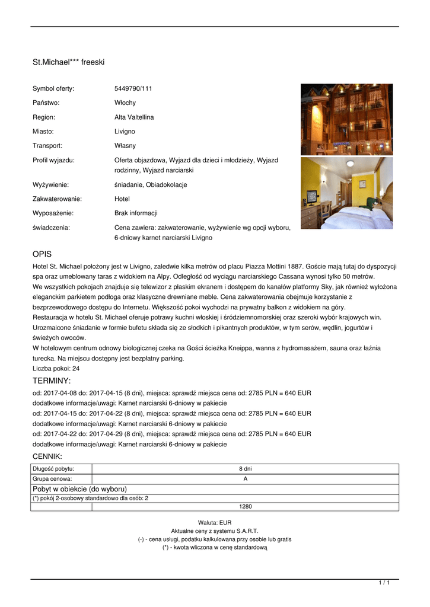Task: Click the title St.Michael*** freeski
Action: click(x=68, y=62)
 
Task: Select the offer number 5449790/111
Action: click(x=133, y=89)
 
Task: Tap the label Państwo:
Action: click(x=46, y=103)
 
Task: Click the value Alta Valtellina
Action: click(x=134, y=117)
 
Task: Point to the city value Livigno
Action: click(x=125, y=132)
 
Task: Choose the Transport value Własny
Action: click(x=125, y=146)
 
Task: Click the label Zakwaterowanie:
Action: click(x=57, y=199)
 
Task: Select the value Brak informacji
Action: click(x=136, y=213)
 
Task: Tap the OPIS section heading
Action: click(x=42, y=254)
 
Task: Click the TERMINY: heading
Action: click(x=52, y=381)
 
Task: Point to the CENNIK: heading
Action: click(x=47, y=456)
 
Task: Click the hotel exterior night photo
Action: click(x=346, y=119)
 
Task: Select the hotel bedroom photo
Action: click(x=346, y=193)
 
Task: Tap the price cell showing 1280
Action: click(x=245, y=507)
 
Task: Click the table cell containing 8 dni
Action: click(x=245, y=469)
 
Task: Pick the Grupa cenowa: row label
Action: click(x=53, y=479)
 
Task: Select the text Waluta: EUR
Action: click(x=215, y=523)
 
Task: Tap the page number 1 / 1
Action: click(x=384, y=583)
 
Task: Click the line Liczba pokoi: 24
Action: click(x=56, y=368)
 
